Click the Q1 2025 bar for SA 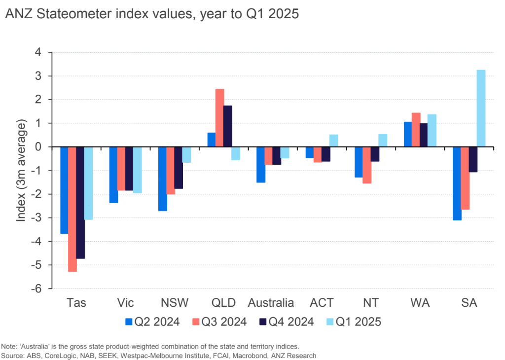pyautogui.click(x=481, y=108)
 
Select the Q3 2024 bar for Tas pyautogui.click(x=72, y=209)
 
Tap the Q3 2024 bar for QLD pyautogui.click(x=219, y=118)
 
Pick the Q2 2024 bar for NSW pyautogui.click(x=162, y=179)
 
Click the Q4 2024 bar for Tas pyautogui.click(x=80, y=203)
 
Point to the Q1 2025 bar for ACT pyautogui.click(x=333, y=141)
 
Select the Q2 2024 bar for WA pyautogui.click(x=408, y=134)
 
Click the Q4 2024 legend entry pyautogui.click(x=288, y=322)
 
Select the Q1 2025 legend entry pyautogui.click(x=355, y=322)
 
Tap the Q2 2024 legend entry pyautogui.click(x=153, y=322)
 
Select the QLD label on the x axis pyautogui.click(x=223, y=302)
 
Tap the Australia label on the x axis pyautogui.click(x=272, y=302)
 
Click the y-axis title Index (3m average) pyautogui.click(x=21, y=170)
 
